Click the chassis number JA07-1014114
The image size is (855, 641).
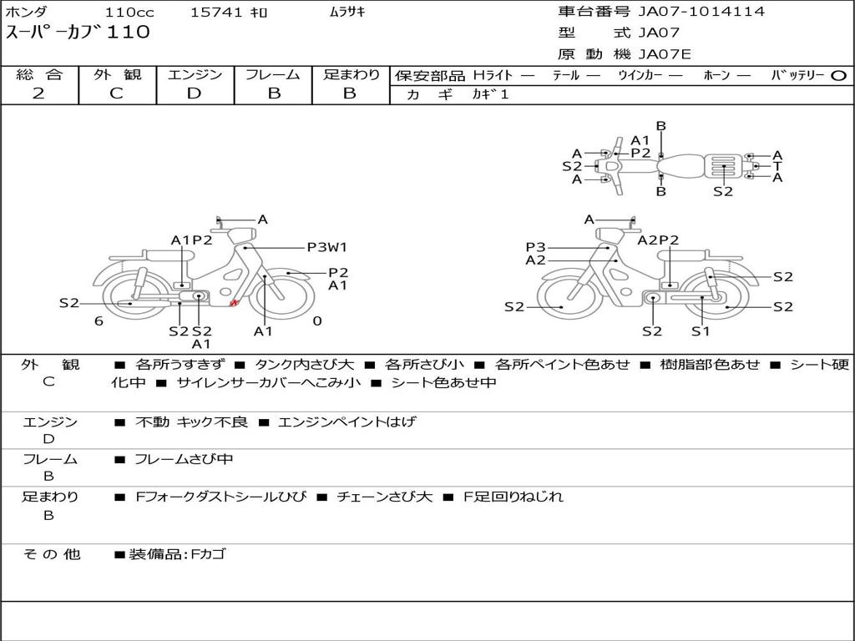point(701,12)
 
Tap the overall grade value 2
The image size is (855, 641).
point(38,93)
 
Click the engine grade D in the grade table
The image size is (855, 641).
point(194,93)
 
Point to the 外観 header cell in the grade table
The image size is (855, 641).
point(117,74)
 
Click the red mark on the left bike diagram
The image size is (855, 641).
point(234,302)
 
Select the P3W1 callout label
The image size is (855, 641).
point(327,247)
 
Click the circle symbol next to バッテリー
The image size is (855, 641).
point(838,76)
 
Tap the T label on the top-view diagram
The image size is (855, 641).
point(777,166)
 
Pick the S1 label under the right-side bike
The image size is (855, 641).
point(701,331)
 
